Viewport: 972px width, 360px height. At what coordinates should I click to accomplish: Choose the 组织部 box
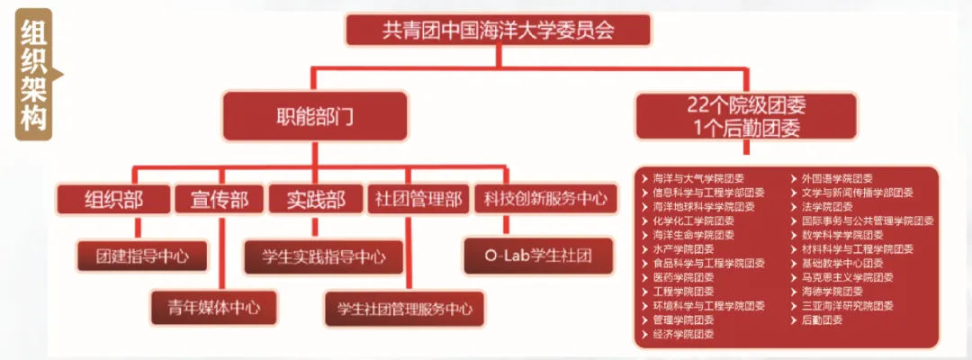pyautogui.click(x=112, y=198)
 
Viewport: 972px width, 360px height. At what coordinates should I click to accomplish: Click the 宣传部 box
pyautogui.click(x=219, y=198)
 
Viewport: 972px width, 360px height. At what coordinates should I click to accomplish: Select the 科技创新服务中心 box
pyautogui.click(x=545, y=198)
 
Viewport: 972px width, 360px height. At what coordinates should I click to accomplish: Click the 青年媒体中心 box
pyautogui.click(x=206, y=307)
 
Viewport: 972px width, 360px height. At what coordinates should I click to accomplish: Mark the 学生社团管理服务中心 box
pyautogui.click(x=404, y=309)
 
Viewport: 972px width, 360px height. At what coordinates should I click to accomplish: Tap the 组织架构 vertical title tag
pyautogui.click(x=34, y=76)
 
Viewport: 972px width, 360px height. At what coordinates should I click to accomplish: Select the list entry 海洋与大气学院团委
pyautogui.click(x=697, y=179)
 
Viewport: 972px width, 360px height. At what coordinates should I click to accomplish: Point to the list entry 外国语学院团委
pyautogui.click(x=836, y=179)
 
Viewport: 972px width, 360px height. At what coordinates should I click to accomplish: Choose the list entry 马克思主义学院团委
pyautogui.click(x=847, y=277)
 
